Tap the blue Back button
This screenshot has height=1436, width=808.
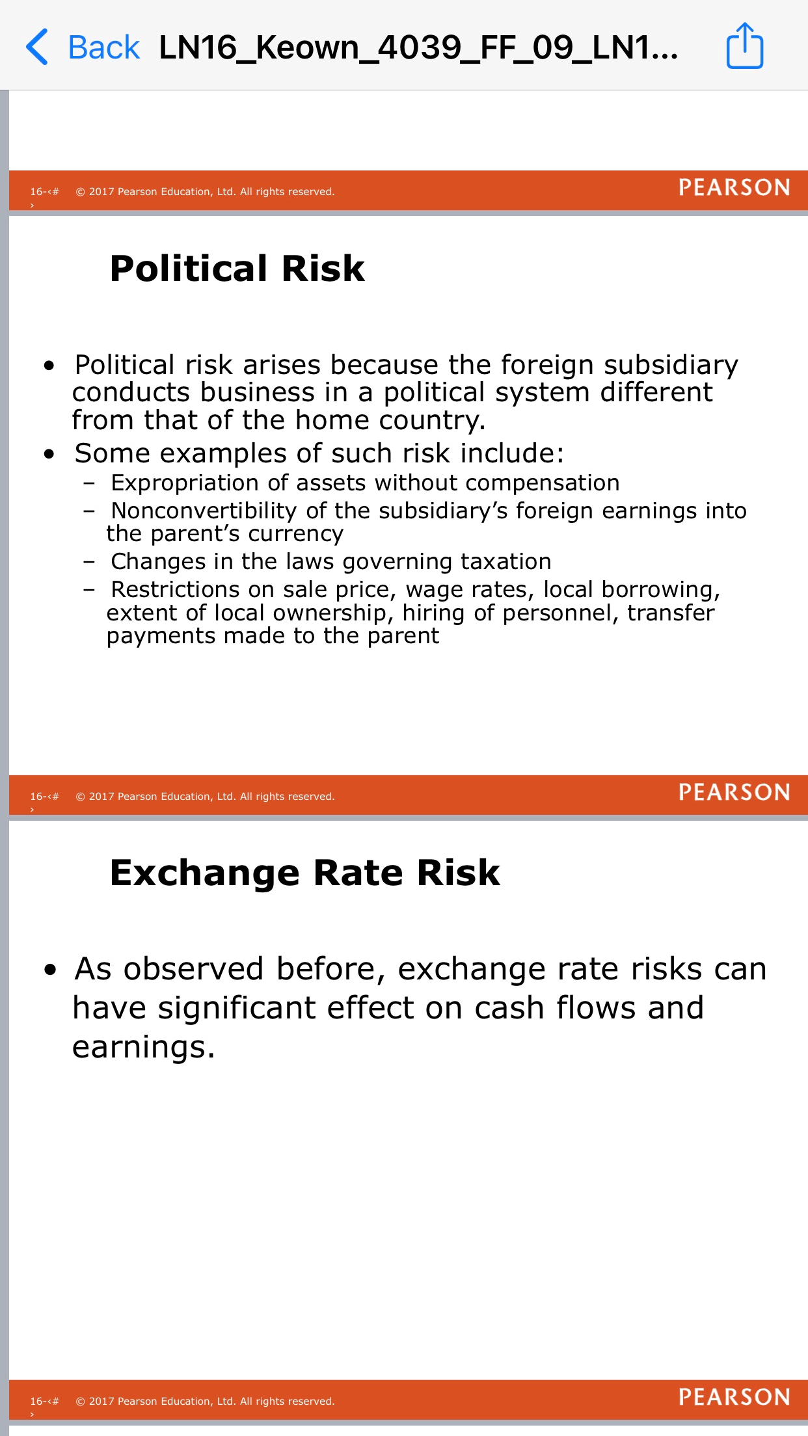[x=83, y=47]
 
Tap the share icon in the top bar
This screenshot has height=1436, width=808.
[x=744, y=46]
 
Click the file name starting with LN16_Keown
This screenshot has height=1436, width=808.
[x=418, y=48]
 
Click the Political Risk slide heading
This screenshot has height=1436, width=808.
[x=237, y=268]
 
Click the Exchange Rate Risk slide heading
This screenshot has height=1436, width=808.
[x=305, y=872]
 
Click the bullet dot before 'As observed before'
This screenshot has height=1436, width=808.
[x=51, y=970]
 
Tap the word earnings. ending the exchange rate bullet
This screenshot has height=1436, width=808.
[x=143, y=1048]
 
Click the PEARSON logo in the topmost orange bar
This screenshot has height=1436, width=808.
[x=734, y=188]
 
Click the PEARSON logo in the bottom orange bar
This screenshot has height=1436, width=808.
[x=734, y=1396]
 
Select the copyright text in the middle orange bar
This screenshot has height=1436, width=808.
[x=205, y=797]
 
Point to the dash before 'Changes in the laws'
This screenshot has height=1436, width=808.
[x=89, y=562]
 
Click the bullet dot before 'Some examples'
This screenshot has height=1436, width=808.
[x=49, y=454]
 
